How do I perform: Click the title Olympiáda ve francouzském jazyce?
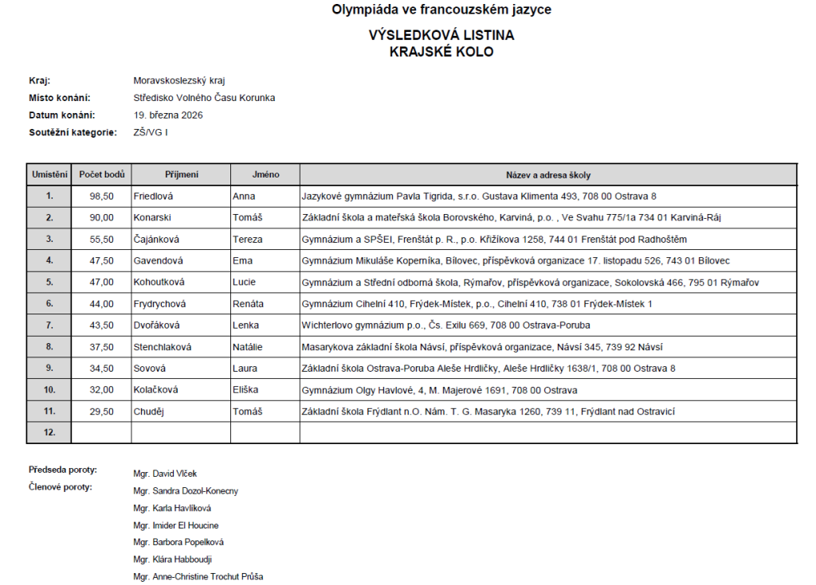[x=441, y=10]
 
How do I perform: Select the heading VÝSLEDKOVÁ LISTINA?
[x=441, y=36]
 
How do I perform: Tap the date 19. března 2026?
[x=168, y=115]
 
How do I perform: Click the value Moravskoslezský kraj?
[x=179, y=80]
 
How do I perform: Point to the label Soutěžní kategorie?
[x=73, y=133]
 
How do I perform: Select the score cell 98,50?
[x=101, y=196]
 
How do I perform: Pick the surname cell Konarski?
[x=152, y=217]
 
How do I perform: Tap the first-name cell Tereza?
[x=247, y=239]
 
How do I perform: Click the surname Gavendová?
[x=159, y=260]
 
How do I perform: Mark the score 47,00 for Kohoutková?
[x=101, y=282]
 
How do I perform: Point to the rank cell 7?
[x=49, y=326]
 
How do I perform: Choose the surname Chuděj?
[x=150, y=411]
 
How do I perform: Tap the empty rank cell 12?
[x=49, y=433]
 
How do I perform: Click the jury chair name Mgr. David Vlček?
[x=165, y=474]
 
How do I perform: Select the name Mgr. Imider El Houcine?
[x=176, y=525]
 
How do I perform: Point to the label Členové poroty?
[x=61, y=487]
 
